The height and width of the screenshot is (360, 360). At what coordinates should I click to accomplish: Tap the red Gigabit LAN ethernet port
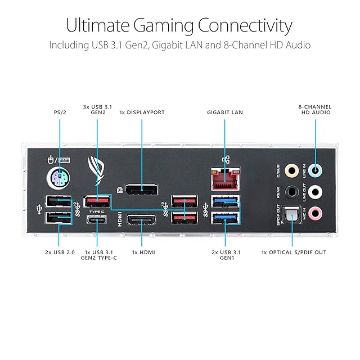pos(225,179)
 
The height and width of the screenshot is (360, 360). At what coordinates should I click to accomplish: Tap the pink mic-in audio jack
pos(316,213)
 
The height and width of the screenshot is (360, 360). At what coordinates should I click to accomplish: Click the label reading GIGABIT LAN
pos(225,112)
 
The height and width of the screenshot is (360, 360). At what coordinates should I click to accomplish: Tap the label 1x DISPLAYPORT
pos(142,112)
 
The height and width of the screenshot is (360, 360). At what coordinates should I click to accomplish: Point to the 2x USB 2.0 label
pos(60,253)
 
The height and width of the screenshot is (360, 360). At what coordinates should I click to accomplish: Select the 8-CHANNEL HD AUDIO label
pos(316,110)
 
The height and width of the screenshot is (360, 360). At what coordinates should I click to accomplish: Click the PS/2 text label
pos(60,112)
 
